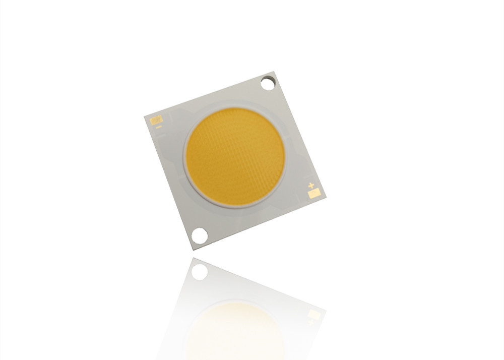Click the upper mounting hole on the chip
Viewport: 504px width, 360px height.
point(268,82)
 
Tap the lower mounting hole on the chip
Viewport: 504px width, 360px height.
point(200,234)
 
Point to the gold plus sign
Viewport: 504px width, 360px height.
point(311,185)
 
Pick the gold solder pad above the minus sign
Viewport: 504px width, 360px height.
point(155,121)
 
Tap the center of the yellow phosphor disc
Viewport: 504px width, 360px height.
point(235,157)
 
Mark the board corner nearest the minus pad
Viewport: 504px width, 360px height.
point(145,115)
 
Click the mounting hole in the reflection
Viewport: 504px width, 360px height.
point(200,272)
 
